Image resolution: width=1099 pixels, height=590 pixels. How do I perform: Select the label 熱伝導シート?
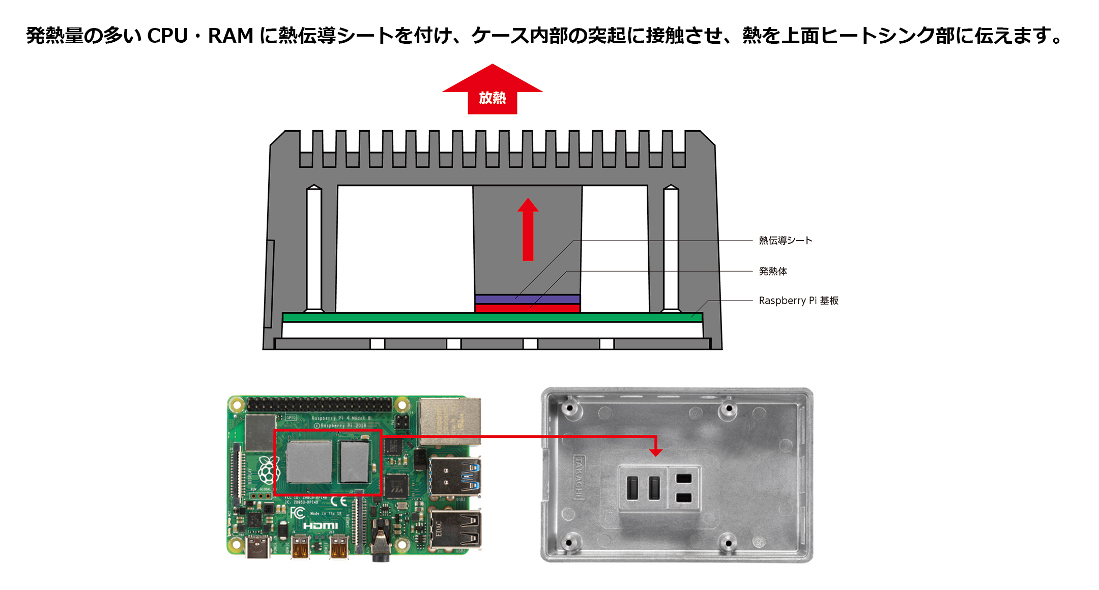[785, 241]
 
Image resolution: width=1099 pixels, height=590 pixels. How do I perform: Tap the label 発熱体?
[772, 272]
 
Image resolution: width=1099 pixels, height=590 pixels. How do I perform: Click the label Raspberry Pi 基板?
[798, 301]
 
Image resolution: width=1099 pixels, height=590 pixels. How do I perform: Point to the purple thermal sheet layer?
[527, 299]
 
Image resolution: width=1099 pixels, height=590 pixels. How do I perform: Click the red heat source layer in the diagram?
[527, 308]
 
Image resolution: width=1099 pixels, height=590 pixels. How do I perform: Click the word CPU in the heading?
[167, 36]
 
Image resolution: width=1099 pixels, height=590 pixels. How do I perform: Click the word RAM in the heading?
[230, 36]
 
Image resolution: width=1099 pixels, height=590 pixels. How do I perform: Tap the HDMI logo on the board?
[321, 525]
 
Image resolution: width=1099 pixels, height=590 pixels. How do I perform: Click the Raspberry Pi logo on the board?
[268, 469]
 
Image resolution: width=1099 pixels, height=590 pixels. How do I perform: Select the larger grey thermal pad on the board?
[309, 461]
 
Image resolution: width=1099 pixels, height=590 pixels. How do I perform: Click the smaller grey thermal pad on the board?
[355, 461]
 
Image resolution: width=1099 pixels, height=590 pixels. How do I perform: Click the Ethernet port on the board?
[450, 421]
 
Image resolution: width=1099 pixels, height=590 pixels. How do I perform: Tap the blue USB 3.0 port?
[454, 477]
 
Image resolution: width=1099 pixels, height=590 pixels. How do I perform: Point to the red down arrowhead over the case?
[656, 452]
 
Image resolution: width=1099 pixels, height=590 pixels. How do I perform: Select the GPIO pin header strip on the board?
[319, 405]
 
